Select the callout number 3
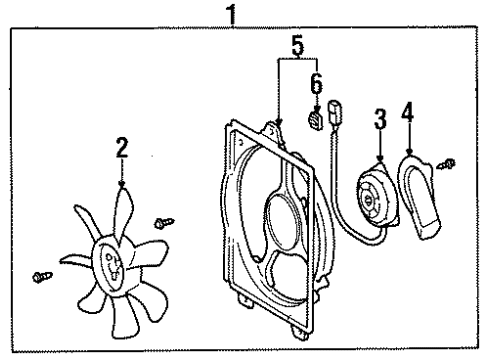[x=378, y=121]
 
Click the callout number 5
[x=296, y=45]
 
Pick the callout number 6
[x=315, y=84]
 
